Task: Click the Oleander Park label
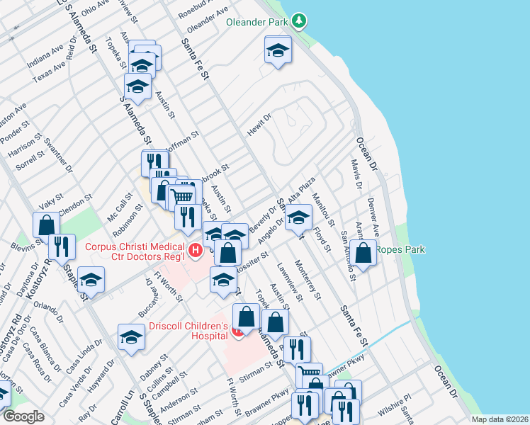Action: (256, 22)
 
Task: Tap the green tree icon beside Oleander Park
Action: (300, 21)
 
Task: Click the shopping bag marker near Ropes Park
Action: (364, 253)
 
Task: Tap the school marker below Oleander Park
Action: (278, 50)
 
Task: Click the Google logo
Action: (24, 416)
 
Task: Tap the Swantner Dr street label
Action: (58, 156)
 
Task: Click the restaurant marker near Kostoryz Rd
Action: (62, 246)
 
